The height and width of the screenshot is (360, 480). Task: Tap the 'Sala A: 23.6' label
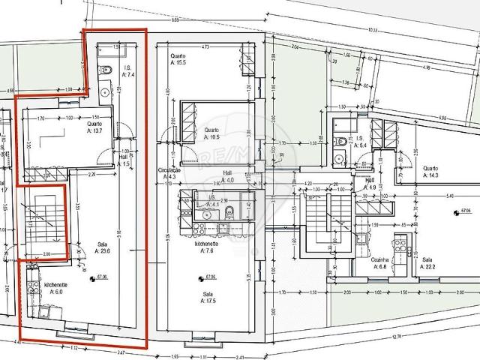(103, 248)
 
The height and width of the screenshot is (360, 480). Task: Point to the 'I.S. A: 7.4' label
(127, 73)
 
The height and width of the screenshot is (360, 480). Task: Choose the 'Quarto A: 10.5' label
(212, 133)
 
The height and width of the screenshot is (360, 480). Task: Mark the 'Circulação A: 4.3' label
(168, 173)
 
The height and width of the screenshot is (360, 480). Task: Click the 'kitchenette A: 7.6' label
(208, 248)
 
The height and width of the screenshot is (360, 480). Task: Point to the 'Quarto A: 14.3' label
(431, 172)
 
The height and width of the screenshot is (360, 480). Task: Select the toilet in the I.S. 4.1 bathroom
(231, 211)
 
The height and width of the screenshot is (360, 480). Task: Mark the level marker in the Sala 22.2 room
(456, 213)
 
